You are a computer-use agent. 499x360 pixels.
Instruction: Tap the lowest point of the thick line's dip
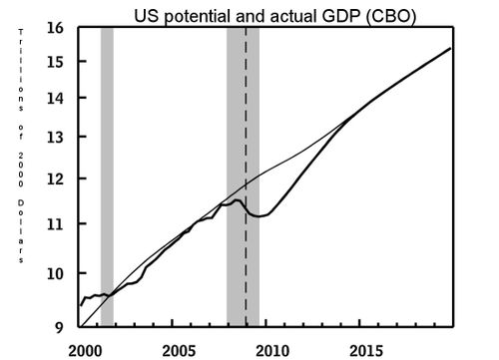[x=260, y=215]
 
